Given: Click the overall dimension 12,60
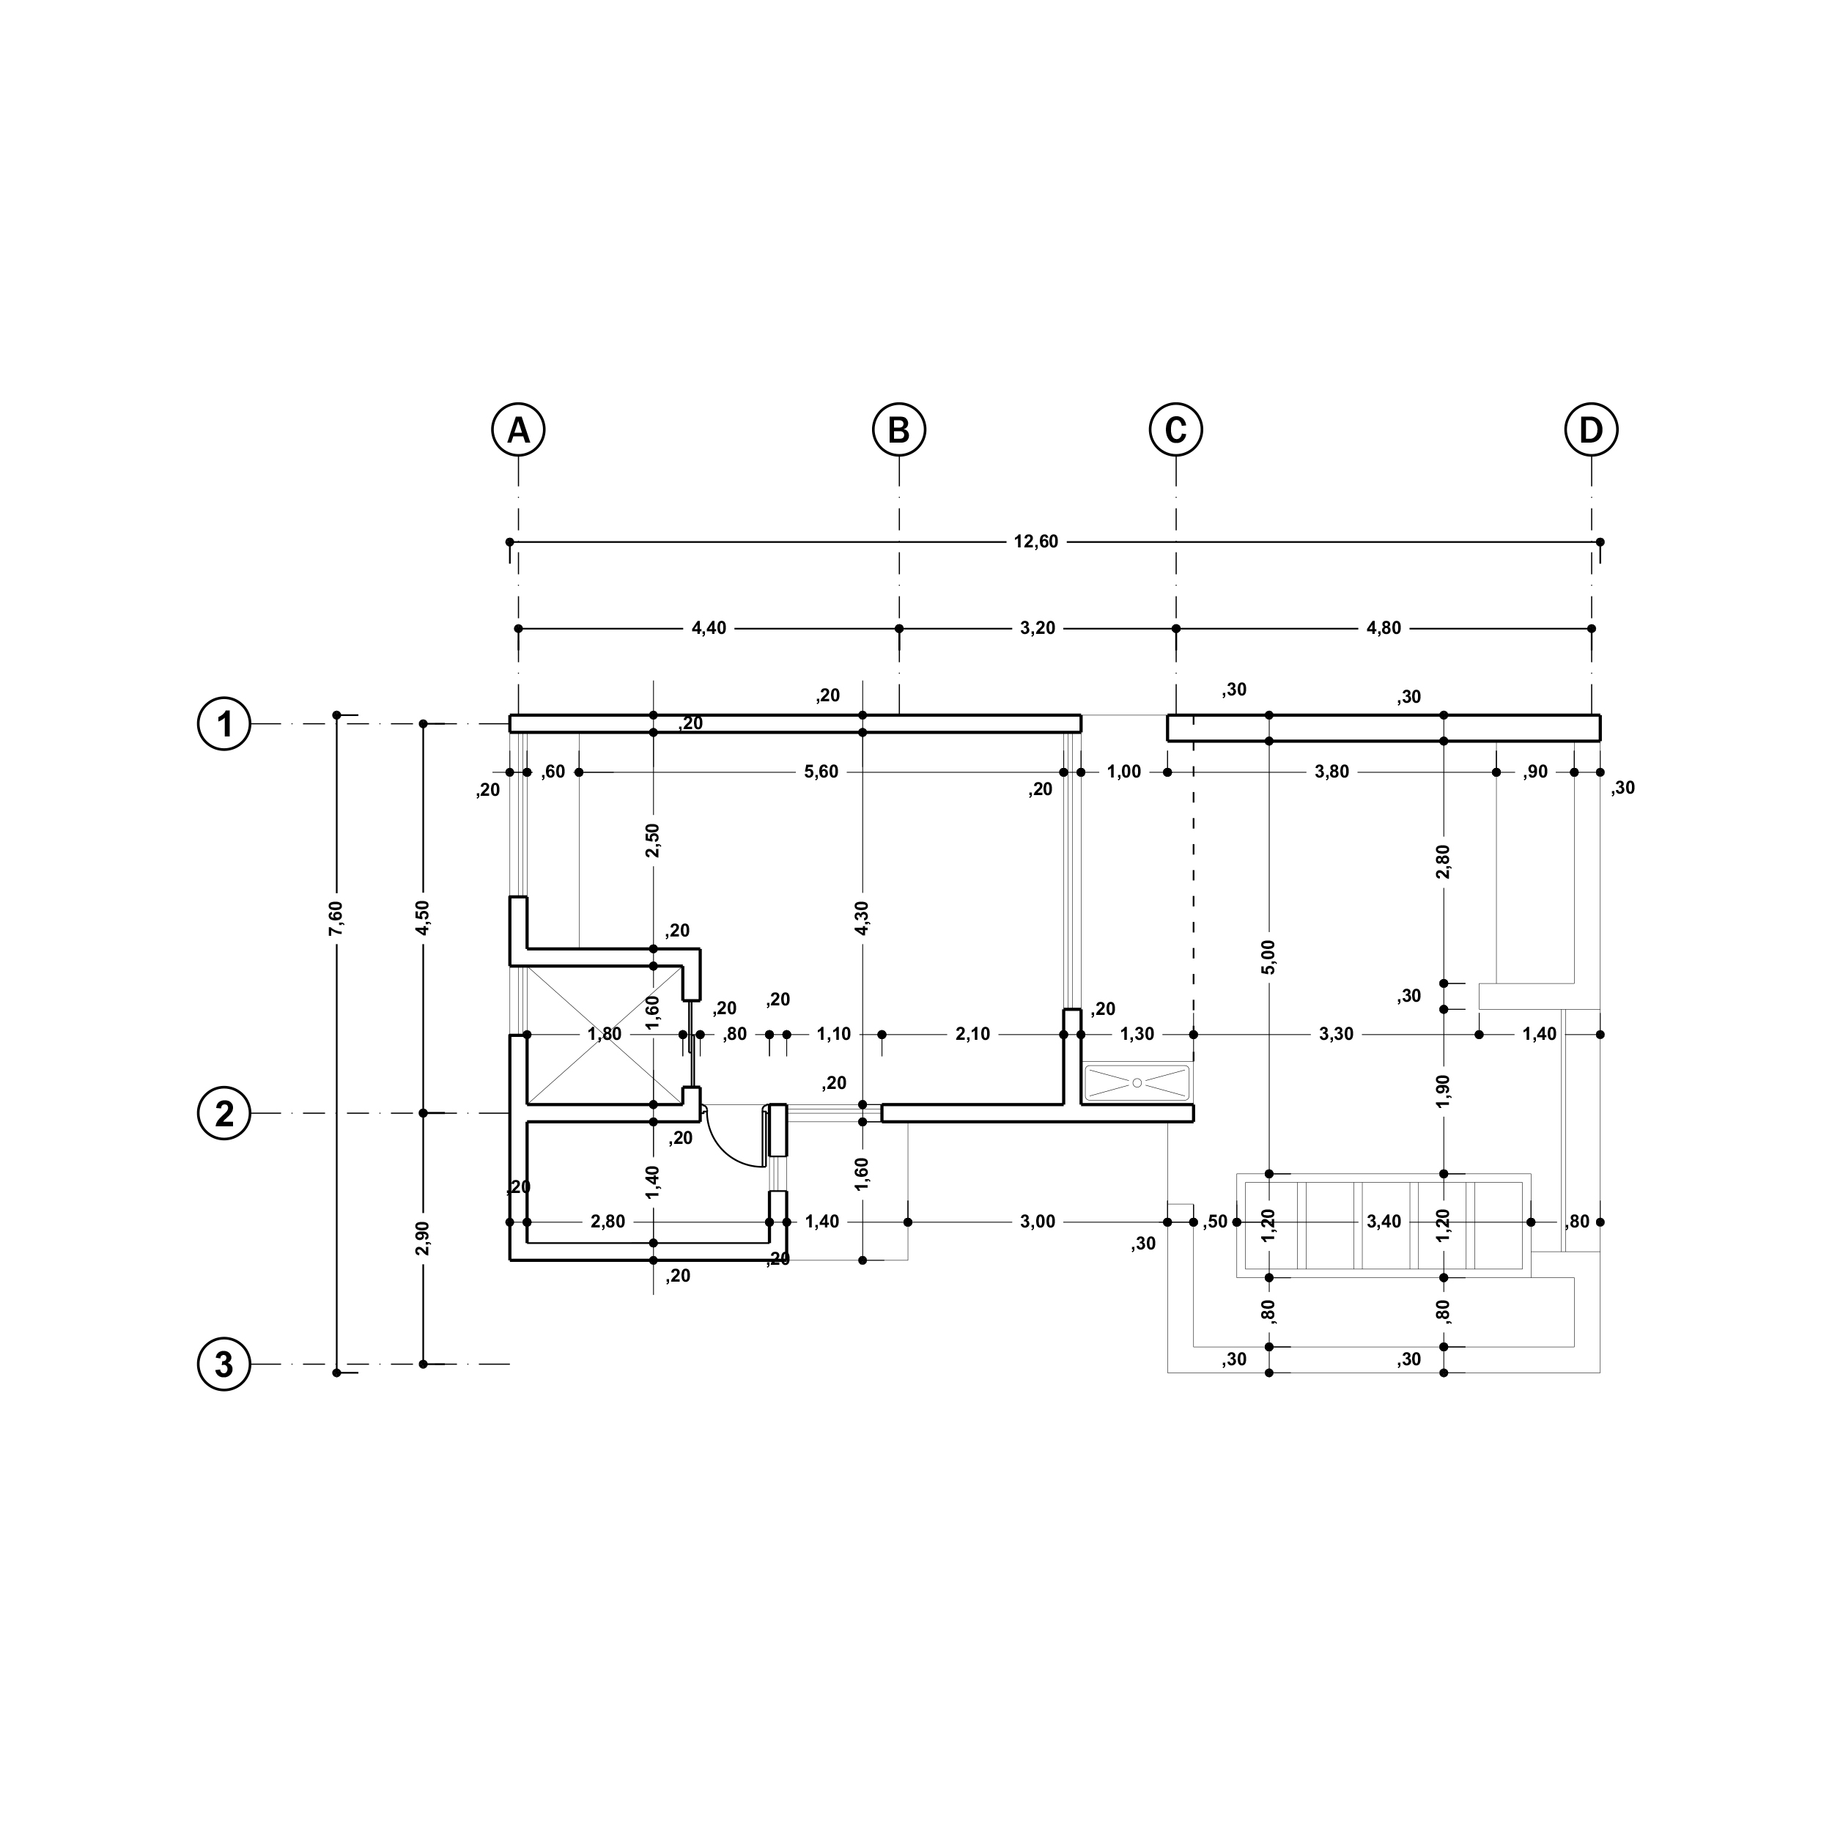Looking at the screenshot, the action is (x=1035, y=542).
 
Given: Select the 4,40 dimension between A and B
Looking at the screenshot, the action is (x=709, y=629).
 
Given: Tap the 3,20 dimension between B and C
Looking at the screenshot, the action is (x=1038, y=629).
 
